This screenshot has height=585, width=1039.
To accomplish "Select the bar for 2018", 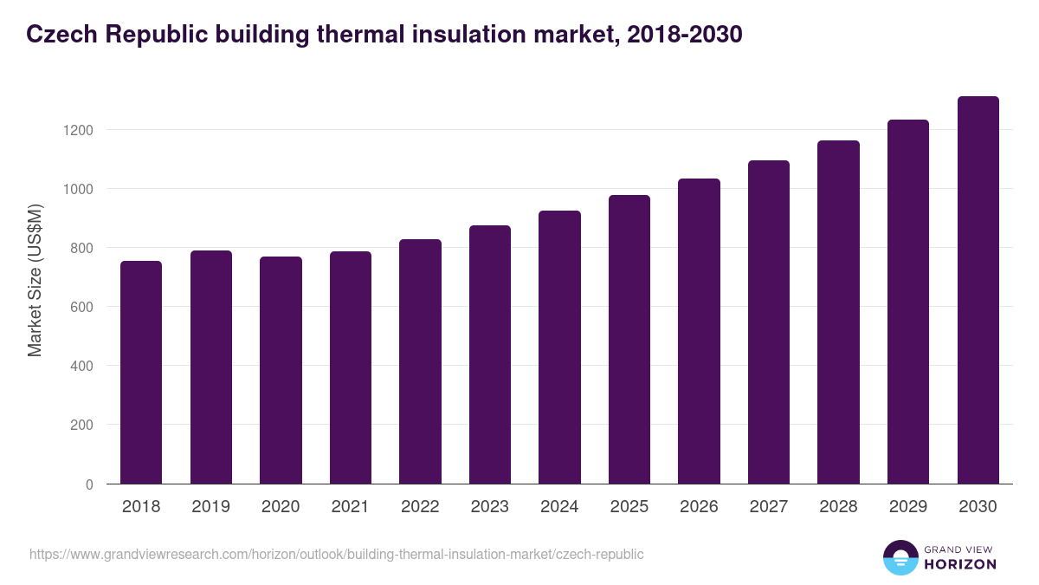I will [141, 373].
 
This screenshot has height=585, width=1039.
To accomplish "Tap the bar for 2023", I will [490, 354].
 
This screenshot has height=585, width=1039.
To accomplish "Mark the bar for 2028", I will [838, 312].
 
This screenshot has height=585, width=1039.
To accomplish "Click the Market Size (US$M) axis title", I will [35, 281].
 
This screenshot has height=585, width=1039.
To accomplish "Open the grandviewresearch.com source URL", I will [337, 554].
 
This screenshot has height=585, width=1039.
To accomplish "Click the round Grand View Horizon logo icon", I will [900, 557].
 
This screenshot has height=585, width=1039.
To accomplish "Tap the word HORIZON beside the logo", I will [960, 564].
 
